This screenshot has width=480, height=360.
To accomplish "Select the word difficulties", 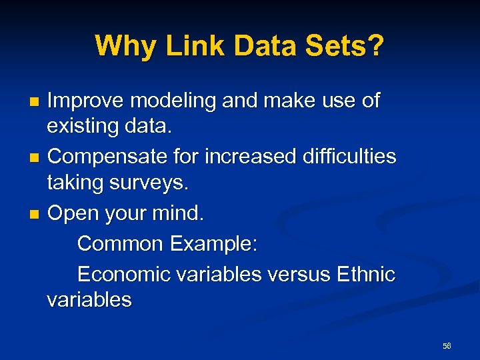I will pyautogui.click(x=344, y=157).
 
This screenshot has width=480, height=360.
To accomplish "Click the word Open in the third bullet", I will pyautogui.click(x=71, y=213).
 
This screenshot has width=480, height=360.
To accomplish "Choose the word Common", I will pyautogui.click(x=121, y=243).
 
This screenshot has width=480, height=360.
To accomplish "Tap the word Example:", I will pyautogui.click(x=213, y=243).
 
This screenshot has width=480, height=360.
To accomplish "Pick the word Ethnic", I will pyautogui.click(x=367, y=274).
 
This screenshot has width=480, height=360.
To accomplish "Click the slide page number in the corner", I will pyautogui.click(x=447, y=346).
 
